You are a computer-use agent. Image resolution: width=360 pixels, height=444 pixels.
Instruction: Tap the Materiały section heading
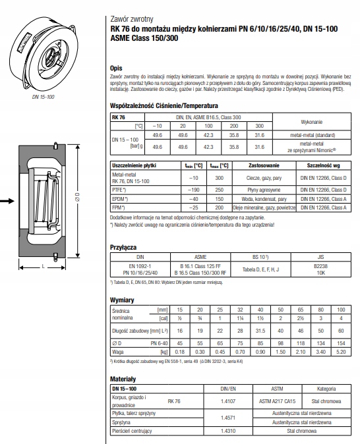[123, 380]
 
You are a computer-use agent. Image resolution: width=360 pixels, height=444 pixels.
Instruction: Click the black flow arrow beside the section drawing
[10, 201]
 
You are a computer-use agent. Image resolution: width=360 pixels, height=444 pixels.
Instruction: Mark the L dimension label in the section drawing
[44, 267]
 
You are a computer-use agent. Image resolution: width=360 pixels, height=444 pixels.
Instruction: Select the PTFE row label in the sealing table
[120, 189]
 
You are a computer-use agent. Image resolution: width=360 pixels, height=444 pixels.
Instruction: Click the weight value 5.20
[341, 352]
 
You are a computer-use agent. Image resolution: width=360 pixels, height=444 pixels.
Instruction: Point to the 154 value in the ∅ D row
[341, 343]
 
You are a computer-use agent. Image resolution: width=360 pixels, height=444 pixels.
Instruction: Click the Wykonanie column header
[311, 123]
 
